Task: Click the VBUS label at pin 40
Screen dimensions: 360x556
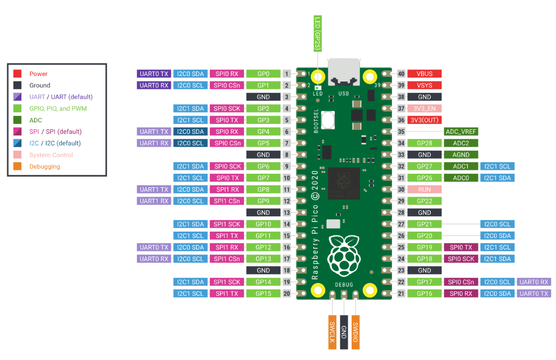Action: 424,74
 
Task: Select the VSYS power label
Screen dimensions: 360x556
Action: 424,85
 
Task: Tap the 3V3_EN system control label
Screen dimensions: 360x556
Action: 424,109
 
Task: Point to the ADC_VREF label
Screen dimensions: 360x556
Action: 461,131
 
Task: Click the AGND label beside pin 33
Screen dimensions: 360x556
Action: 461,155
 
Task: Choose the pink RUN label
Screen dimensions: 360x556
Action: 424,189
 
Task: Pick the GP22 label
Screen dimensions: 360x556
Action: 424,201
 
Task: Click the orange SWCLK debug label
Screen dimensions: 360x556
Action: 332,332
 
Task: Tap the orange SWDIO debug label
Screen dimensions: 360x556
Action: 356,332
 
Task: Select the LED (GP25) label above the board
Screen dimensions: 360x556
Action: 318,34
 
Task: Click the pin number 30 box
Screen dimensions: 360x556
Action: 401,189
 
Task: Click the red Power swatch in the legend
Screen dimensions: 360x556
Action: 17,74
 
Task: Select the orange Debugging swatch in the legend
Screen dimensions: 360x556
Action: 17,166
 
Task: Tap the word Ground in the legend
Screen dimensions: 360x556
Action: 40,85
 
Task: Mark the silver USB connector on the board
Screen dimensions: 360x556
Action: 344,73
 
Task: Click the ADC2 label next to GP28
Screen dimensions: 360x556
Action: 461,143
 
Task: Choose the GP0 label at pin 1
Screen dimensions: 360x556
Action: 263,74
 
